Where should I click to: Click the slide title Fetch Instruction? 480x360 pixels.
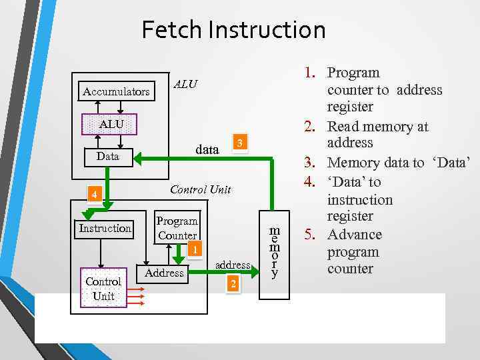pos(233,30)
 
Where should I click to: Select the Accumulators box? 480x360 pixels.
pos(115,91)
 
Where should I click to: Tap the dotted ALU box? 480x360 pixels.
pos(111,124)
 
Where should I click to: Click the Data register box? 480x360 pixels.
pos(108,157)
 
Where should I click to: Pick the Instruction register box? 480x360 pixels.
pos(105,229)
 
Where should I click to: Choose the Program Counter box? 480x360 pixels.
pos(177,228)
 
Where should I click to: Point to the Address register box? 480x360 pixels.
pos(164,273)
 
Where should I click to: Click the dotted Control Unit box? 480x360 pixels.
pos(103,288)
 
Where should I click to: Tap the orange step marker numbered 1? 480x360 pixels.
pos(193,251)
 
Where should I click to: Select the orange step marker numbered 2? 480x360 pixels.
pos(233,285)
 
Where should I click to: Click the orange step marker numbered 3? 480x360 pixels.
pos(241,143)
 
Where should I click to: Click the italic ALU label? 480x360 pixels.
pos(185,84)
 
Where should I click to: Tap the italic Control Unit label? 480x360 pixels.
pos(200,189)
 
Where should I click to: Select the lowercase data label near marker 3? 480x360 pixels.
pos(207,150)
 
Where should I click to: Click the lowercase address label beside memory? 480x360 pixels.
pos(233,265)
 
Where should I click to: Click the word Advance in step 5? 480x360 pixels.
pos(355,235)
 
